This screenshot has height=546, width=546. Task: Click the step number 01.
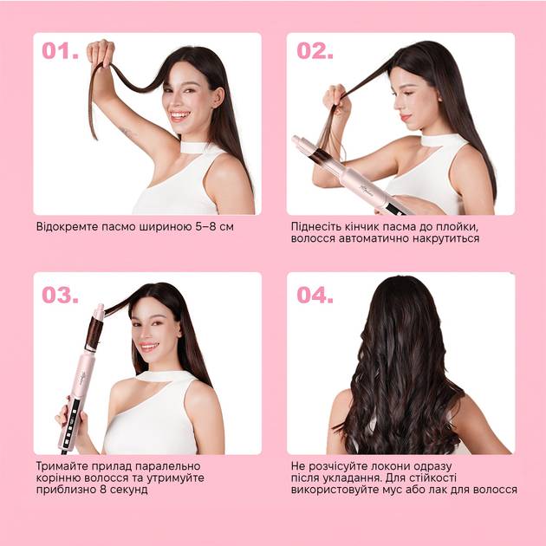tap(61, 51)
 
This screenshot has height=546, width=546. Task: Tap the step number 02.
tap(315, 51)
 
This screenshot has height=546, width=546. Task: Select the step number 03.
tap(61, 295)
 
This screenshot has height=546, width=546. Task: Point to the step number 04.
tap(315, 295)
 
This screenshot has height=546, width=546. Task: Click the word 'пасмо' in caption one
tap(119, 227)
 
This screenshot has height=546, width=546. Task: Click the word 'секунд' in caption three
tap(129, 490)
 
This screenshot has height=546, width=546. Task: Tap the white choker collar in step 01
tap(195, 147)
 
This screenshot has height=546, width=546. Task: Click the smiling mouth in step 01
tap(179, 116)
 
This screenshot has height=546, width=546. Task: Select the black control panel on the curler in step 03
tap(71, 426)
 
